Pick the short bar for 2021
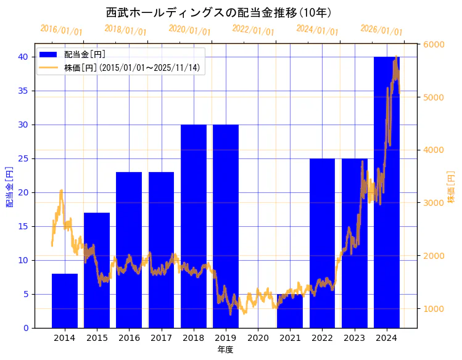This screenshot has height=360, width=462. coord(290,311)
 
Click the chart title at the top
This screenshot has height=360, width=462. coord(219,12)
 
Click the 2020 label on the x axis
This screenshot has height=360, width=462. coord(258,338)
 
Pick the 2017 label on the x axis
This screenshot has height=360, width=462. coord(161,338)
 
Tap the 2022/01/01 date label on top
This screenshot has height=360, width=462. coord(253,30)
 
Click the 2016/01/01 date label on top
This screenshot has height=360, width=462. coord(61,30)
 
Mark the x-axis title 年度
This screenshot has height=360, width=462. coord(225,350)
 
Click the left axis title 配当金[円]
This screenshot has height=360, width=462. coord(10,186)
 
